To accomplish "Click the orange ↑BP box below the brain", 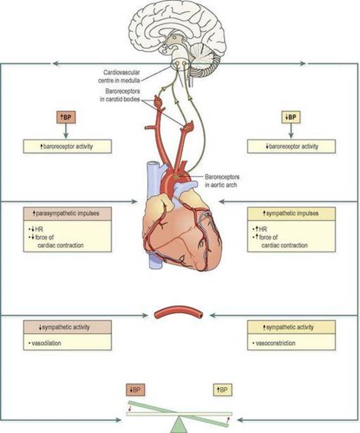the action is pos(66,117).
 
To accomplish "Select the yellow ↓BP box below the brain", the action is pos(291,117).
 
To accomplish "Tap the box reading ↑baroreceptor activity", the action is pos(68,146).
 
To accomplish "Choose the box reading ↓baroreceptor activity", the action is pos(291,146).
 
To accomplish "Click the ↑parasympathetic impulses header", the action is pos(68,213).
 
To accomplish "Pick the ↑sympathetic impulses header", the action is pos(291,213).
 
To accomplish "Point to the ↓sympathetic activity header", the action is pos(68,327).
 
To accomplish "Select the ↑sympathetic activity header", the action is pos(291,327).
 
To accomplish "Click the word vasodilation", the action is pos(46,343).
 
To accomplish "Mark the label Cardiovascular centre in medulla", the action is pos(119,76).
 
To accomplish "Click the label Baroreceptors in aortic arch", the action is pos(222,181).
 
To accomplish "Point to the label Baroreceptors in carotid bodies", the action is pos(120,95).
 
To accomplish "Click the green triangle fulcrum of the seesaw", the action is pos(179,425).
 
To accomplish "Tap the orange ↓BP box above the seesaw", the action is pos(135,390).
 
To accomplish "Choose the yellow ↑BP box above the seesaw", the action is pos(223,390).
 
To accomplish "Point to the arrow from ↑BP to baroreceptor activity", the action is pos(66,131).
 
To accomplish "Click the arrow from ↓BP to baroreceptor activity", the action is pos(291,131).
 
